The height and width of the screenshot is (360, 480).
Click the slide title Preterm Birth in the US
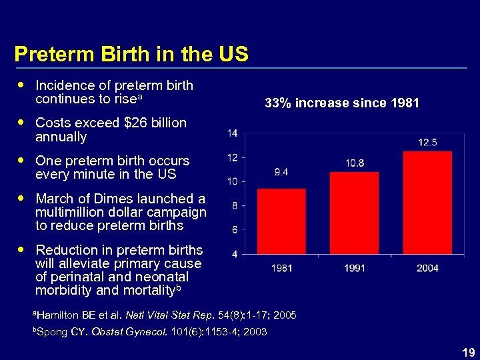click(x=131, y=54)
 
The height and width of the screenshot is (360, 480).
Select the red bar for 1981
click(x=281, y=221)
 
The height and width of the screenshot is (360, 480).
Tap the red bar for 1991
click(x=355, y=213)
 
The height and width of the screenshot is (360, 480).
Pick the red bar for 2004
click(x=427, y=202)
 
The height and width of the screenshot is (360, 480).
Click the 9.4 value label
click(x=281, y=172)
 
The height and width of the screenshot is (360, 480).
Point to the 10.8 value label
click(x=355, y=163)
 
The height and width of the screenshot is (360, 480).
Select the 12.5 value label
click(x=427, y=143)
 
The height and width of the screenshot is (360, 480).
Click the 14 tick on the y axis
click(x=233, y=133)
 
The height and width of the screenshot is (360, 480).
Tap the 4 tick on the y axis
click(x=235, y=254)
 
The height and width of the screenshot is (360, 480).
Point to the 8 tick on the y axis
click(x=235, y=206)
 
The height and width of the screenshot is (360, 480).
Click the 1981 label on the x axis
click(x=281, y=268)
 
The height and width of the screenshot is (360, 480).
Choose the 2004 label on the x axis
click(x=427, y=268)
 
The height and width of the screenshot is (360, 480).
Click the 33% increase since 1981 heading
click(x=342, y=103)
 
